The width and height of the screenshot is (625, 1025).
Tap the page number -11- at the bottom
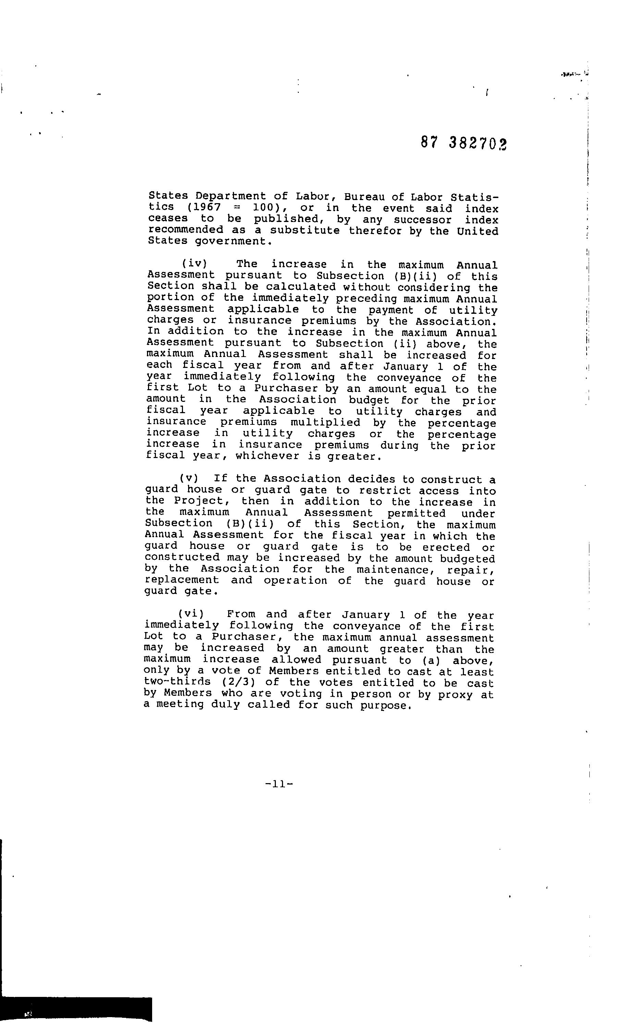pos(279,784)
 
